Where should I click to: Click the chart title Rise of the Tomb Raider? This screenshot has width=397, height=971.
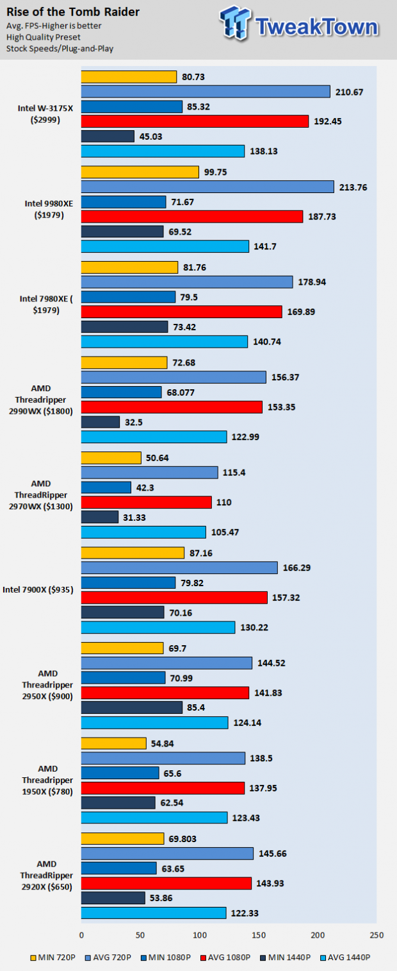tap(73, 12)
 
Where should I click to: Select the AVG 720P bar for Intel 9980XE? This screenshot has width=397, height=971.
tap(207, 187)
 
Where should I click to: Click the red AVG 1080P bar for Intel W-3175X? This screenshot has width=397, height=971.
tap(195, 121)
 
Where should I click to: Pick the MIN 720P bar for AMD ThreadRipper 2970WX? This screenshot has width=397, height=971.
tap(111, 458)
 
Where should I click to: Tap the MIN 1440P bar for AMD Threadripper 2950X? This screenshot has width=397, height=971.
tap(131, 707)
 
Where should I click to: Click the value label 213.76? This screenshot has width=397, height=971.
tap(354, 187)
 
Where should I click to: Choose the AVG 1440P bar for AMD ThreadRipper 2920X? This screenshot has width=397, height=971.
tap(154, 913)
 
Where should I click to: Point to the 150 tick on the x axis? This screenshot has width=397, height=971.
tap(259, 934)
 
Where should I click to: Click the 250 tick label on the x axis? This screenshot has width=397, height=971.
tap(377, 934)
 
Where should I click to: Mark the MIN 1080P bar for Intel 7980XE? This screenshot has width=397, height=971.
tap(128, 297)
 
